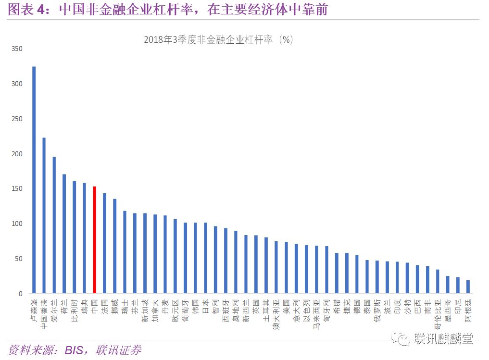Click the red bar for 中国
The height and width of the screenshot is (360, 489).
(94, 240)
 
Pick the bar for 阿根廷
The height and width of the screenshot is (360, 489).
(468, 287)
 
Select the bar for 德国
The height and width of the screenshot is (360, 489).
(357, 274)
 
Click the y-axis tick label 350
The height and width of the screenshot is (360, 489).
(16, 49)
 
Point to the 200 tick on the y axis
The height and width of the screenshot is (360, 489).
(16, 154)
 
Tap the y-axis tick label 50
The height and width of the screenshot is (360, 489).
(18, 259)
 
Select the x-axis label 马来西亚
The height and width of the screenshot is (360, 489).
(316, 312)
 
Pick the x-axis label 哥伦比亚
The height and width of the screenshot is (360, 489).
(438, 312)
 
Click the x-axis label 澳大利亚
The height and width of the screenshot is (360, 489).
(276, 312)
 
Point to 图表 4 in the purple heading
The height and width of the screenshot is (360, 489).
(26, 10)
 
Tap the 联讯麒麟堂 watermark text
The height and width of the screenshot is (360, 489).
(442, 339)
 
